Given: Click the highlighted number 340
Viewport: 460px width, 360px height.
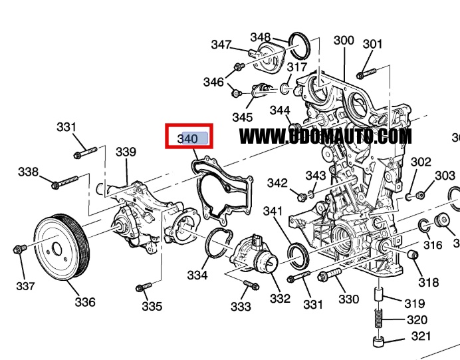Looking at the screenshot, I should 189,138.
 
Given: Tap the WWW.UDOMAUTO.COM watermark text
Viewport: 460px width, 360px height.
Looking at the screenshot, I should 325,136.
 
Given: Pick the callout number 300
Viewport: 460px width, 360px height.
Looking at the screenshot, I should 344,41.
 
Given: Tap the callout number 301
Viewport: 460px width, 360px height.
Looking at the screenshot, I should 373,45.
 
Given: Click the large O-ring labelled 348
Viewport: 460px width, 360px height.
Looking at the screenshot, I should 301,45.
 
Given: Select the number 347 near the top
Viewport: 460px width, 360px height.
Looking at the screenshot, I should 221,45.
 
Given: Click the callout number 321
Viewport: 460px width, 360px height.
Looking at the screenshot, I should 421,337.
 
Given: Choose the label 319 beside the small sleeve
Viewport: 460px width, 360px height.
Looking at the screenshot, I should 414,303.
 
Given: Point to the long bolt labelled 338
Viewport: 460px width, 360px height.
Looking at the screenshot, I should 64,180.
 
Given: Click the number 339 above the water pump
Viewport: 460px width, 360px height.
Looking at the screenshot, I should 126,152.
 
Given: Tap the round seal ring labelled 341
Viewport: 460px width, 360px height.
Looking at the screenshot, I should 298,255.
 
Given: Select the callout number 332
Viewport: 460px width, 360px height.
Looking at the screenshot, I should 280,299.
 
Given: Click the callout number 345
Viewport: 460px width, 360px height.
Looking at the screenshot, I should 242,117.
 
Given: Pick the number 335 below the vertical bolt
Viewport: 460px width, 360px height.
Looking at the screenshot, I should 152,307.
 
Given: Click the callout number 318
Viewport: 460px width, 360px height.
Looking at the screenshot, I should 429,283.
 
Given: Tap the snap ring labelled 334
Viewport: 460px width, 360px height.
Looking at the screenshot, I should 217,242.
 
